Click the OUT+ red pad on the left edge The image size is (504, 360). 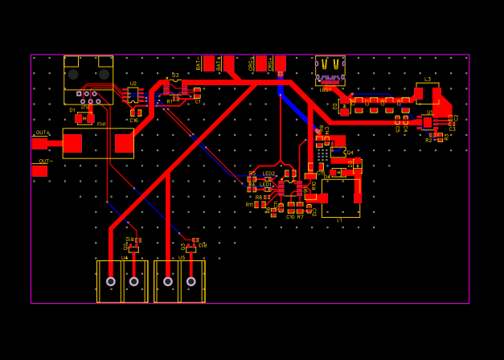(39, 143)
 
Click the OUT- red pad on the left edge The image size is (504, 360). (39, 170)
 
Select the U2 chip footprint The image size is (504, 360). (133, 96)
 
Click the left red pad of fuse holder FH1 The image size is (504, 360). (72, 143)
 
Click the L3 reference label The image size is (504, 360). (428, 79)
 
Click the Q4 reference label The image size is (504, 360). (349, 152)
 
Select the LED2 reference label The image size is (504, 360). (268, 174)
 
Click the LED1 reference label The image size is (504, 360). (265, 184)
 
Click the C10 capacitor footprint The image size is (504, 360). (291, 210)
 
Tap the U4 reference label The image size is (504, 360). (125, 257)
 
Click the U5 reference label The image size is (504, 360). (182, 257)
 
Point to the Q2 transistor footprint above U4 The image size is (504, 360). (133, 248)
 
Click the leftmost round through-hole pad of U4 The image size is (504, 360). (111, 281)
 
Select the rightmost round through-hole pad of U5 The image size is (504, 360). (191, 281)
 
